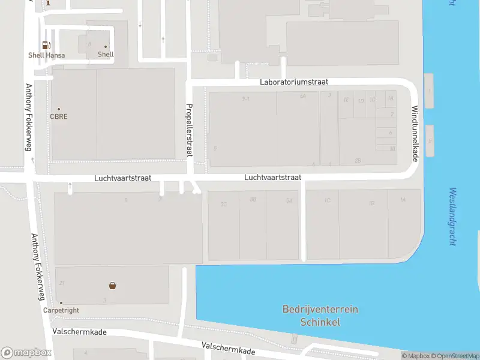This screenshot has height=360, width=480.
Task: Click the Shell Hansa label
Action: pyautogui.click(x=46, y=55)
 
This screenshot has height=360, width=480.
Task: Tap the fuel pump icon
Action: pyautogui.click(x=46, y=45)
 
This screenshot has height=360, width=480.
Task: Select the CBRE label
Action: pyautogui.click(x=59, y=116)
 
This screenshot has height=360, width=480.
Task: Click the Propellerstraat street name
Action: pyautogui.click(x=189, y=130)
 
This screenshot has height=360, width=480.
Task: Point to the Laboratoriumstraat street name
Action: pyautogui.click(x=294, y=82)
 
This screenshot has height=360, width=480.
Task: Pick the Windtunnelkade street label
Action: pyautogui.click(x=415, y=133)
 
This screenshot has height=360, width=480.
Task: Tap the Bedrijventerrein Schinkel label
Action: pyautogui.click(x=320, y=316)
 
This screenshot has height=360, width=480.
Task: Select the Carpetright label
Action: pyautogui.click(x=61, y=310)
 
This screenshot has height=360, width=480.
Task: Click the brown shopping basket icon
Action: pyautogui.click(x=112, y=286)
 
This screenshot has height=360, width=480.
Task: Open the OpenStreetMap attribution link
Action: pyautogui.click(x=455, y=356)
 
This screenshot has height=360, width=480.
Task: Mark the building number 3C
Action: pyautogui.click(x=224, y=204)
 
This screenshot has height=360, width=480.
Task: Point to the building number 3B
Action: pyautogui.click(x=253, y=200)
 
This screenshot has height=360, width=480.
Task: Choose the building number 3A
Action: pyautogui.click(x=289, y=200)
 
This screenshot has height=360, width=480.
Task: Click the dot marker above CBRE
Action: pyautogui.click(x=59, y=109)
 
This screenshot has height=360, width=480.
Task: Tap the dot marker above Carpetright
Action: pyautogui.click(x=61, y=303)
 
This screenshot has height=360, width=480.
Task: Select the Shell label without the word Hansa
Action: pyautogui.click(x=106, y=55)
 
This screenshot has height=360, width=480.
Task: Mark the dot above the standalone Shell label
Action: pyautogui.click(x=106, y=47)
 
